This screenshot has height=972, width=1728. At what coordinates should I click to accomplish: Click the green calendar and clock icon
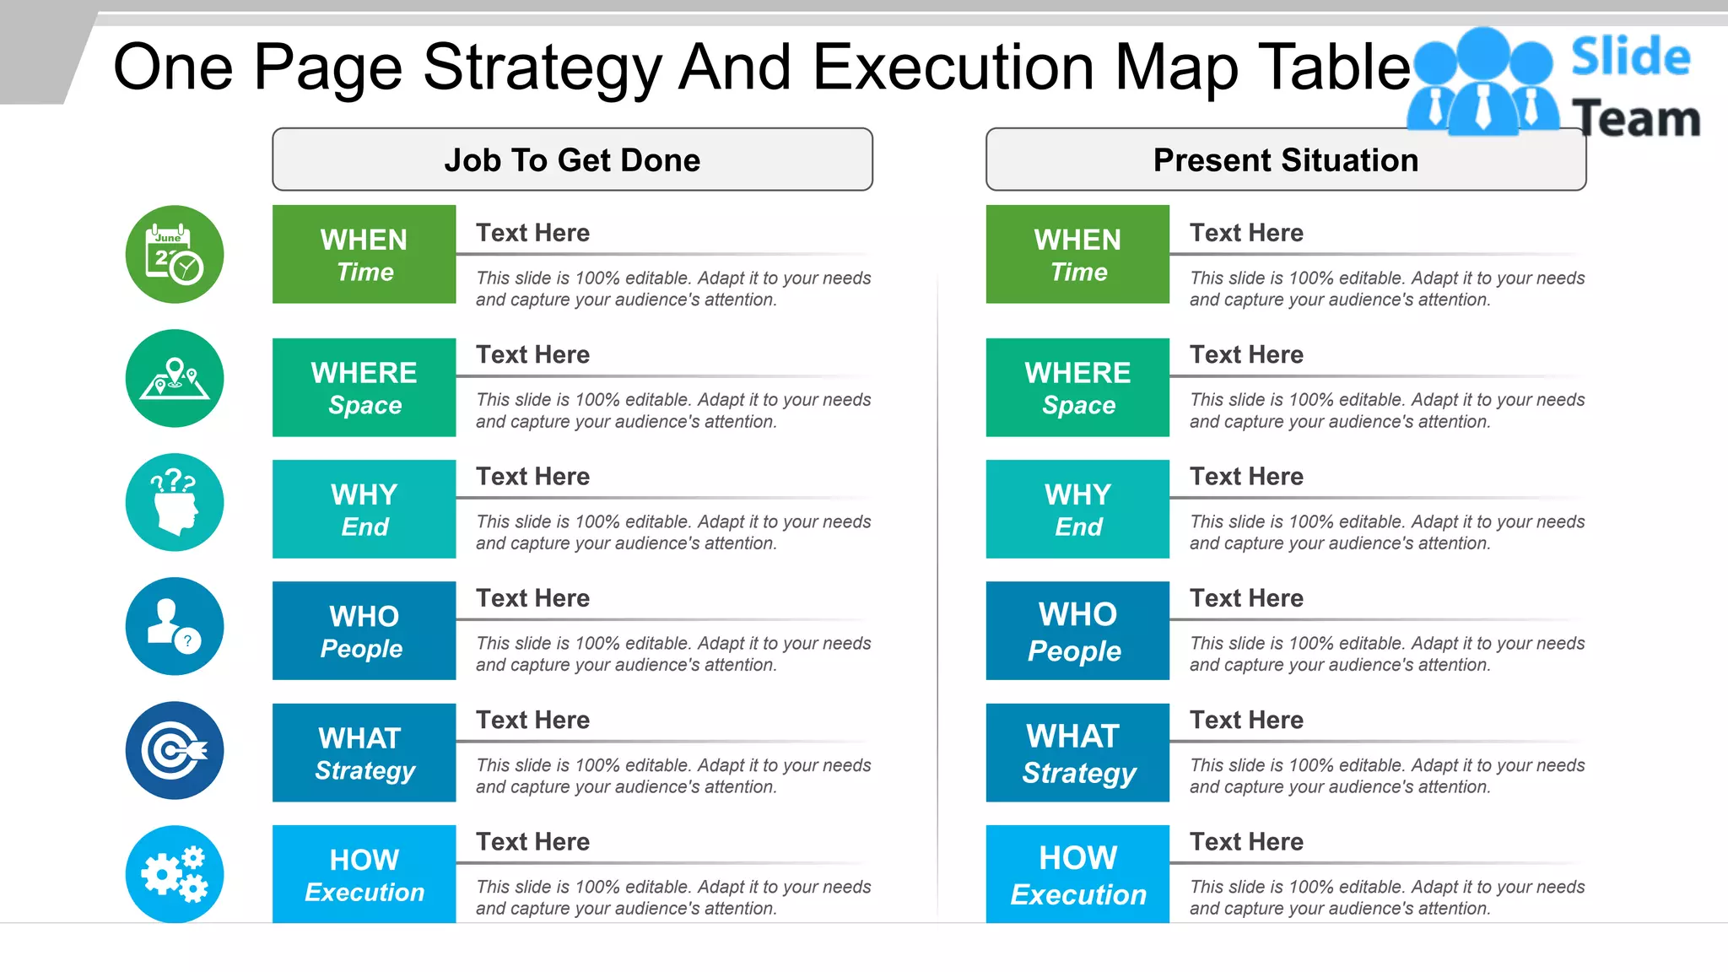click(175, 254)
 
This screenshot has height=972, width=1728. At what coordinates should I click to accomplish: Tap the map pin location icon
click(175, 378)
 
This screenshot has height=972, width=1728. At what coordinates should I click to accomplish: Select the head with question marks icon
click(175, 502)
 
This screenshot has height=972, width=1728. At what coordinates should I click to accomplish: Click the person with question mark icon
click(175, 626)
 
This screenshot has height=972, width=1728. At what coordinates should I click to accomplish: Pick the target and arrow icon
click(175, 750)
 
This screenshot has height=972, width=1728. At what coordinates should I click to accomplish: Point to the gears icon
click(175, 874)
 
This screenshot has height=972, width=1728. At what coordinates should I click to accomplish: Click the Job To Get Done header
click(572, 159)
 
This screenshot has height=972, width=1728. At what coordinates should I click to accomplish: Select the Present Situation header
click(1285, 159)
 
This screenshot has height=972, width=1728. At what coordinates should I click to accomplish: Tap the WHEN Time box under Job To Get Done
click(364, 254)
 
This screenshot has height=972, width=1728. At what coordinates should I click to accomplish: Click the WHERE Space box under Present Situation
click(1077, 387)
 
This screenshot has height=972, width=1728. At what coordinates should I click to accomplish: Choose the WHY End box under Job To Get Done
click(364, 509)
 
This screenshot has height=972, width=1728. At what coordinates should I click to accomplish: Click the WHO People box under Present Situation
click(1077, 630)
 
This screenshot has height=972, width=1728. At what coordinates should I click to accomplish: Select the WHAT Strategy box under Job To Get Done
click(364, 753)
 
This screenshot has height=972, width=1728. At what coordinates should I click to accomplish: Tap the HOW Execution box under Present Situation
click(1077, 874)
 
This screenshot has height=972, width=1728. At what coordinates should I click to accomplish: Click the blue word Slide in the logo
click(1630, 57)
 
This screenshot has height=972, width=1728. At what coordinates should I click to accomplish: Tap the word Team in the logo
click(1635, 119)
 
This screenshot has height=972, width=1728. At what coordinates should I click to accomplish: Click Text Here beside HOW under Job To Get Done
click(532, 841)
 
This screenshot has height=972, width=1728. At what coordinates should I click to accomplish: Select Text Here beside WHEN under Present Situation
click(1246, 233)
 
